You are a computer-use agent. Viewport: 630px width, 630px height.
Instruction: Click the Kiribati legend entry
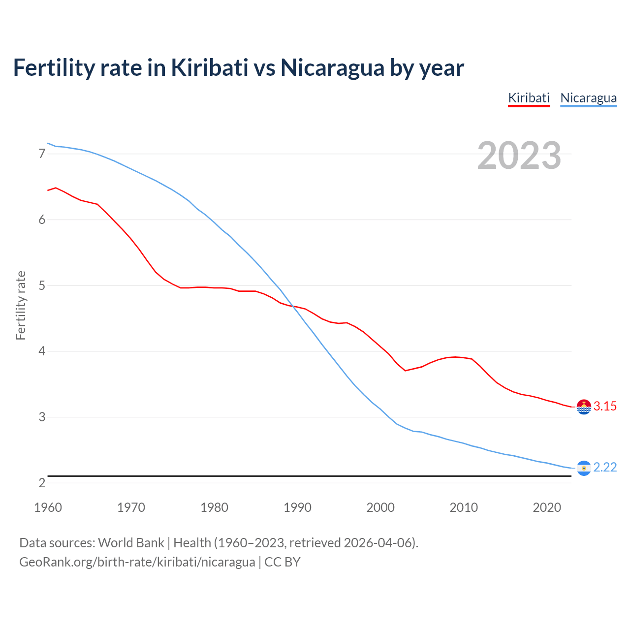(x=529, y=98)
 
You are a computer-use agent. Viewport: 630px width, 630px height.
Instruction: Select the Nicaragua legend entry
(x=588, y=98)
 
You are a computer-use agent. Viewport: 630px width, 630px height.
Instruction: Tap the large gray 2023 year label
(x=519, y=156)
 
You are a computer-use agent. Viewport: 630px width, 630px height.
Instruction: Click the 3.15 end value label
(x=605, y=407)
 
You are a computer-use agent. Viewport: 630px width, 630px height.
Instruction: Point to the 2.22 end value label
(x=605, y=468)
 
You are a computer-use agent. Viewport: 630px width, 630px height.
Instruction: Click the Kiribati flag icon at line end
(x=584, y=407)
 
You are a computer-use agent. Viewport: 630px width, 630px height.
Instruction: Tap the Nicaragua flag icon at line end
(x=584, y=468)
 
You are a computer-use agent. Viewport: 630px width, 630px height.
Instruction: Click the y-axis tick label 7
(x=42, y=154)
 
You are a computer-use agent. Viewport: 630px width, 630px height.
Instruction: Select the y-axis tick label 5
(x=42, y=286)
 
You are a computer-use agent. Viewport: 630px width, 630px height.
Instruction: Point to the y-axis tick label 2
(x=42, y=483)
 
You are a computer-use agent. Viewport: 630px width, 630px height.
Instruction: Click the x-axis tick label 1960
(x=48, y=507)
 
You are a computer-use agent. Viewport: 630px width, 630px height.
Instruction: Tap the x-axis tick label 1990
(x=297, y=507)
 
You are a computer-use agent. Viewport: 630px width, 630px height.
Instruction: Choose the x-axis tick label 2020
(x=547, y=507)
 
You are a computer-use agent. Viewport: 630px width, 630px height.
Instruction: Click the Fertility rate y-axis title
(x=21, y=305)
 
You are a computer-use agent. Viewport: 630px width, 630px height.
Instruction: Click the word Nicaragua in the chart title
(x=332, y=67)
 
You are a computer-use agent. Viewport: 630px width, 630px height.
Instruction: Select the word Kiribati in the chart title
(x=209, y=67)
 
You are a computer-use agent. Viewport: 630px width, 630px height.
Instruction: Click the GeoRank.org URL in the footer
(x=137, y=562)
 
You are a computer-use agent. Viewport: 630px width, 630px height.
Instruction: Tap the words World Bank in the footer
(x=131, y=543)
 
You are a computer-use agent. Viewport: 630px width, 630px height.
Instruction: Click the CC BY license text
(x=283, y=562)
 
